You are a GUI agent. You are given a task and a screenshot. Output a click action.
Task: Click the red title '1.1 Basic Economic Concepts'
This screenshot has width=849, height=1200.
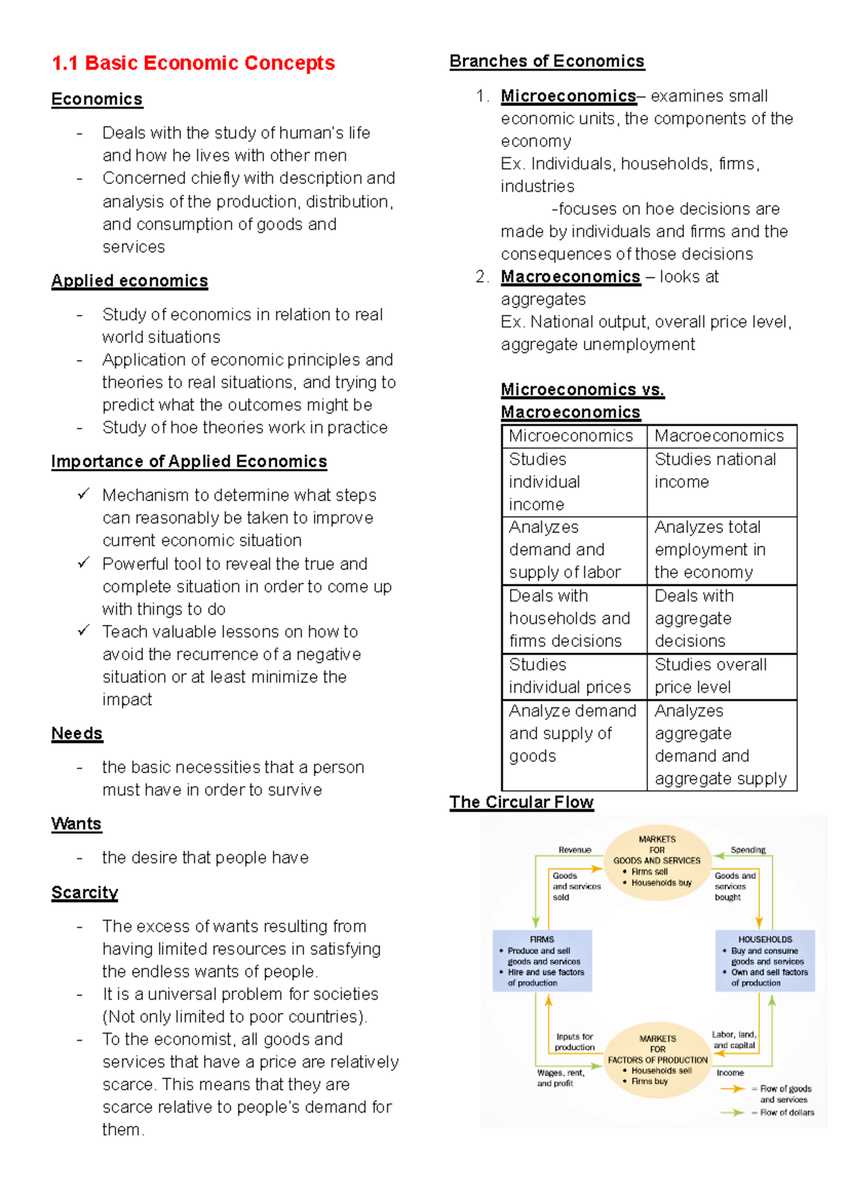pos(193,63)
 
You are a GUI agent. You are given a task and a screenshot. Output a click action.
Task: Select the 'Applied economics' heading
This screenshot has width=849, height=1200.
pos(129,281)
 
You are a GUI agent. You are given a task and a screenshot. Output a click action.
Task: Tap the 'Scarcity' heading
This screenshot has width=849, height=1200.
pos(84,892)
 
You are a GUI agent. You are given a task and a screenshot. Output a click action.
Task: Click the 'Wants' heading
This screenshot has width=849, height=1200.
pos(76,824)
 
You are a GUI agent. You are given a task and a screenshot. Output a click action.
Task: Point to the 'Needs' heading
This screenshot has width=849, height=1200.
pos(77,733)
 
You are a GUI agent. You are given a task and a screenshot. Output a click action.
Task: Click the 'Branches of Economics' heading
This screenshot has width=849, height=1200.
pos(547,61)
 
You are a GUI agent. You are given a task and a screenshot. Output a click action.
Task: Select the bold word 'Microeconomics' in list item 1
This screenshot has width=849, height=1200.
pos(568,96)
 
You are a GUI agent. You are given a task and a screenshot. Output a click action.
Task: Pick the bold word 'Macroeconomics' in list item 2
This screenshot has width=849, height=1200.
pos(570,277)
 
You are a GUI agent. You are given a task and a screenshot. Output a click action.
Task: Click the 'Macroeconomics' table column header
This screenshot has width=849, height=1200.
pos(719,436)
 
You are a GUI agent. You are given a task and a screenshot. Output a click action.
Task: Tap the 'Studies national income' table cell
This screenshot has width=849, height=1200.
pos(715,471)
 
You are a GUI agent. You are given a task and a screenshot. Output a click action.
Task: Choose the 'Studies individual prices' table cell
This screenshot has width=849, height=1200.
pos(570,676)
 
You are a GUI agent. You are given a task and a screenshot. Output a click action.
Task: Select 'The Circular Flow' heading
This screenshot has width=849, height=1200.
pos(521,802)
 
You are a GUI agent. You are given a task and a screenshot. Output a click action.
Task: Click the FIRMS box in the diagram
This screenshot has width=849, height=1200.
pos(542,961)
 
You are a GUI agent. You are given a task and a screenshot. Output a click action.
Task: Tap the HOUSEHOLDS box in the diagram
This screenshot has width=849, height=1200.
pos(765,961)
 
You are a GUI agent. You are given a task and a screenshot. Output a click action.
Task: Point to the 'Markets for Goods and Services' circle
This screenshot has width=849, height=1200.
pos(657,861)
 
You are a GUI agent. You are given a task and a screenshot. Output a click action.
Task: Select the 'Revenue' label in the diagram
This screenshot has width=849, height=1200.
pos(574,850)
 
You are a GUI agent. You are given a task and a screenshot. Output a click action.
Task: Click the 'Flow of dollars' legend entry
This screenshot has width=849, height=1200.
pos(786,1112)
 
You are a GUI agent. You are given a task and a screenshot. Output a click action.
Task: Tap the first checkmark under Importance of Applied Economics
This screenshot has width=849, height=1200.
pos(83,494)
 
